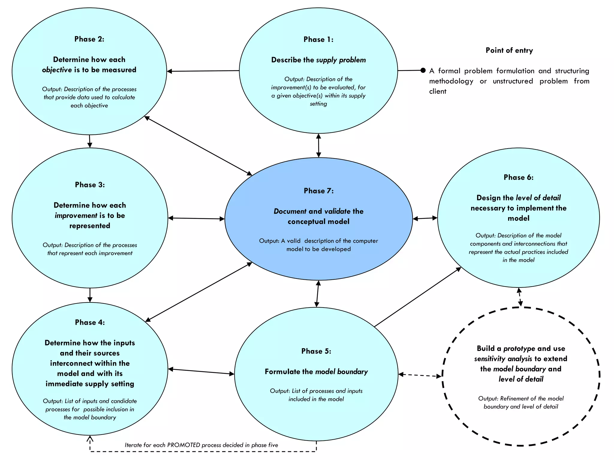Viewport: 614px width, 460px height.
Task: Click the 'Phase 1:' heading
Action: tap(318, 40)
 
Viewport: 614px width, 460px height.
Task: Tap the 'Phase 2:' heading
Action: tap(89, 39)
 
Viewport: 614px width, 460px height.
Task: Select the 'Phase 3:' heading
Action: tap(90, 185)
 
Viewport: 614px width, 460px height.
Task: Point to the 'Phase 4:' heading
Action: tap(90, 323)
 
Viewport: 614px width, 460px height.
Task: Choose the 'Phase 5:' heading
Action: tap(316, 351)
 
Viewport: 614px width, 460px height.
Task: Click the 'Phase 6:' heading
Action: tap(519, 177)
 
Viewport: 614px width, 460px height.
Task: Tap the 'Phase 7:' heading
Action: tap(319, 191)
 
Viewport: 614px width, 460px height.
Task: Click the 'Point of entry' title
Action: tap(509, 50)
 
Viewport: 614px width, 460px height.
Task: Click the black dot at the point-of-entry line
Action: tap(423, 70)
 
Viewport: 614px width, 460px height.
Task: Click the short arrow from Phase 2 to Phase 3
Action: tap(90, 141)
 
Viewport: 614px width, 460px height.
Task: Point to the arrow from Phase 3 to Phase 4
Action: tap(90, 295)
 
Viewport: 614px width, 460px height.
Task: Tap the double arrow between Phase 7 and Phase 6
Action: tap(425, 219)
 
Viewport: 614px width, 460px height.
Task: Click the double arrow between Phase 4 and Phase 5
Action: tap(201, 372)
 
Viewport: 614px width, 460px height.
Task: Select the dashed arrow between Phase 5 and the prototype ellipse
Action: tap(420, 375)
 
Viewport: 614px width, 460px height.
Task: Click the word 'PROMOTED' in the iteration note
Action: tap(183, 445)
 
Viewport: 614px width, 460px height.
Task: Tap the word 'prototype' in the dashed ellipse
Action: tap(519, 349)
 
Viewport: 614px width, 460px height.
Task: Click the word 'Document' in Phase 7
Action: tap(290, 211)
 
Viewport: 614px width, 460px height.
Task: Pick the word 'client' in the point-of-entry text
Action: tap(438, 91)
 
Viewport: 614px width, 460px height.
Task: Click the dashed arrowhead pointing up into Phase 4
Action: tap(90, 439)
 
